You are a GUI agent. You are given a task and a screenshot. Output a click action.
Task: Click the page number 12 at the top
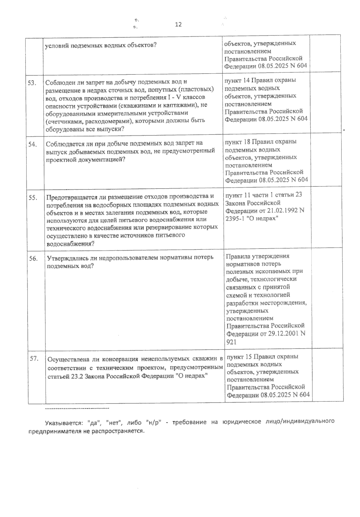point(178,25)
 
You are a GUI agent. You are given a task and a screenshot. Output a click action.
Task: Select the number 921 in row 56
point(232,342)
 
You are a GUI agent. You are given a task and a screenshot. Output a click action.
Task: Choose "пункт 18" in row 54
point(238,141)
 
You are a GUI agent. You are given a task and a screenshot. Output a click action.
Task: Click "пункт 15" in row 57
point(240,357)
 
